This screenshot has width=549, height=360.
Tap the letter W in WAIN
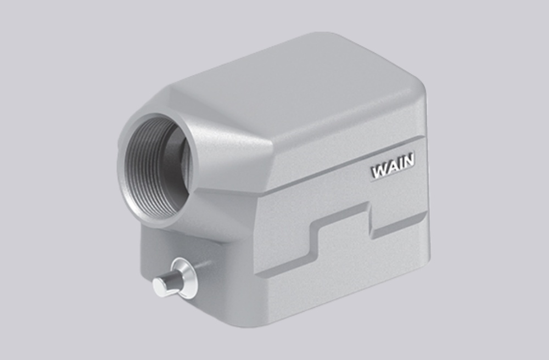coord(379,171)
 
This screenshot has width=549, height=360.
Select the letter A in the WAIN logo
coord(391,167)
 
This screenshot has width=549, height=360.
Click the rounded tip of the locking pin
coord(160,285)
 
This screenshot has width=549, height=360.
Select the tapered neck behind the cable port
coord(231,159)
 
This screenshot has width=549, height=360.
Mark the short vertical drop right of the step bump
coord(370,220)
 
